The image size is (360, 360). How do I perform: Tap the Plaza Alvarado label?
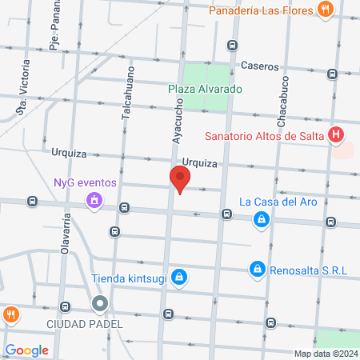click(x=205, y=89)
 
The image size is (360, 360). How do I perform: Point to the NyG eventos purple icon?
click(x=94, y=199)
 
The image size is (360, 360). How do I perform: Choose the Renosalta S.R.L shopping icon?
click(x=257, y=270)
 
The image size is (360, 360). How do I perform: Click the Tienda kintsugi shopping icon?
click(x=180, y=278)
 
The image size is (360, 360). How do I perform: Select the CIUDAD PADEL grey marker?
click(x=100, y=304)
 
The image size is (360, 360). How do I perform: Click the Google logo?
click(x=26, y=350)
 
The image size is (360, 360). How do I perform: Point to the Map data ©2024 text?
click(x=324, y=353)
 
